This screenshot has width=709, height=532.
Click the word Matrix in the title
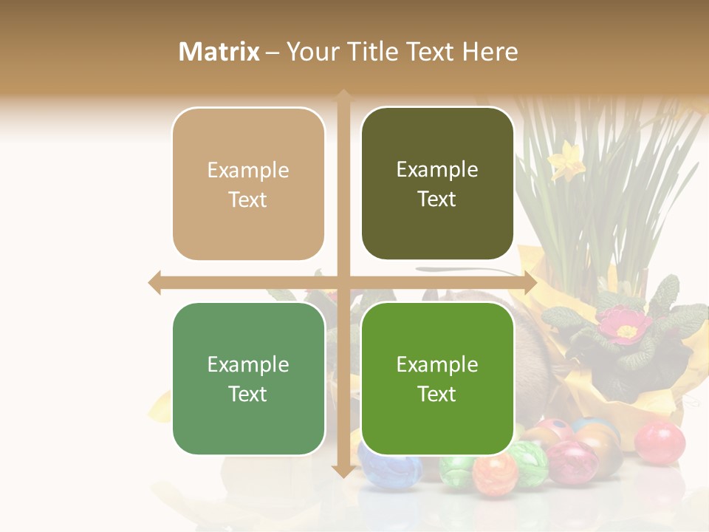219,52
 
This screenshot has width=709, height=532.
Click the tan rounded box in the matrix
248,184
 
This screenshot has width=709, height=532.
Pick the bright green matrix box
437,378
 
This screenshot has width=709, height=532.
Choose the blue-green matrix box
248,378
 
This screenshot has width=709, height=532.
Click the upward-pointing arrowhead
343,96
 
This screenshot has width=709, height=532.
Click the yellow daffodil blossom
567,160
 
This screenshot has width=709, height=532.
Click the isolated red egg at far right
660,442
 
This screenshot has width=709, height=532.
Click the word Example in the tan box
248,170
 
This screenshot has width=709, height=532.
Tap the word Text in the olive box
437,199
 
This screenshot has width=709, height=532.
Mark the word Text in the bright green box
437,394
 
